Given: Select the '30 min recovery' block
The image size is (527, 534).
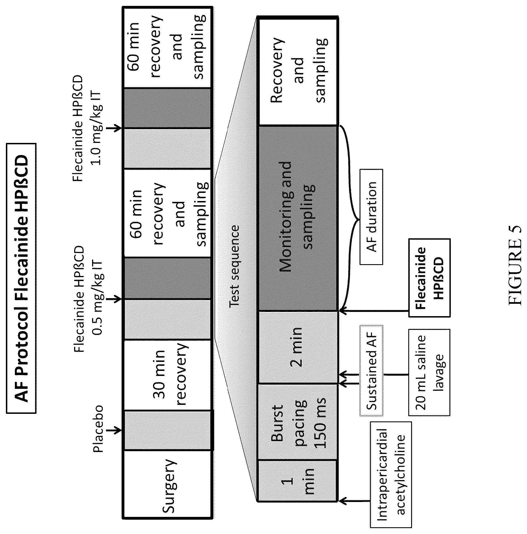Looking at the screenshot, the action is [x=168, y=375].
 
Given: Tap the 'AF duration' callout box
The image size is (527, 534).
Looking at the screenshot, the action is [x=371, y=216].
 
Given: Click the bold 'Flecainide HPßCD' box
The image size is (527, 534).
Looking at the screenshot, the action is [x=429, y=278].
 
